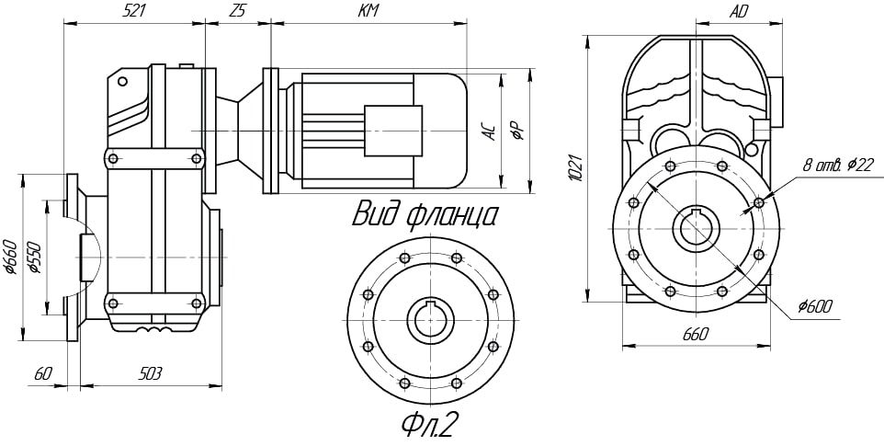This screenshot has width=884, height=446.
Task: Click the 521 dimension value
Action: click(134, 11)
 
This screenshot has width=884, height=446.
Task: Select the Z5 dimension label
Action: click(238, 11)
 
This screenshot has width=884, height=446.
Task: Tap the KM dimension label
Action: click(369, 11)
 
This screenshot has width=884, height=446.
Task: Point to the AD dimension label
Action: click(738, 12)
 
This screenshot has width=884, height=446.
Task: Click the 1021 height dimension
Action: click(575, 166)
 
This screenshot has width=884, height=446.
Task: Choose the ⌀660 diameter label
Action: click(11, 258)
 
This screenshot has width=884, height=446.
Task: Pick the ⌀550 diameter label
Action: click(35, 258)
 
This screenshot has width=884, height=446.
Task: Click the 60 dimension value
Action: click(42, 373)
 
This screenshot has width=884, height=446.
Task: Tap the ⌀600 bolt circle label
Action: click(816, 306)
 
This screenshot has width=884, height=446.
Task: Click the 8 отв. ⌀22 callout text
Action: click(838, 165)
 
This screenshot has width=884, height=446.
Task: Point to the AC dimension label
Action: click(490, 132)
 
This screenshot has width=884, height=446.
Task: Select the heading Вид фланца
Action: click(425, 215)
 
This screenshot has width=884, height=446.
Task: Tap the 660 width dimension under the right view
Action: click(695, 335)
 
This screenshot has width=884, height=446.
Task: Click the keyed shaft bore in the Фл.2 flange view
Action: click(431, 319)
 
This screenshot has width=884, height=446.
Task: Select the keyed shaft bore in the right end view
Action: click(695, 229)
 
